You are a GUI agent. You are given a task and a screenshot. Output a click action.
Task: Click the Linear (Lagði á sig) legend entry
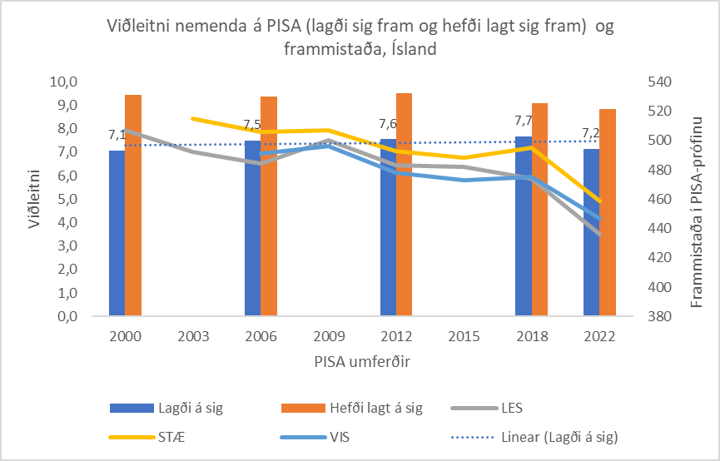[564, 435]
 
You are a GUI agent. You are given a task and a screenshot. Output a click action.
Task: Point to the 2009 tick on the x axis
[327, 336]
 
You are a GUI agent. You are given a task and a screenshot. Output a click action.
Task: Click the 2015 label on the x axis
[464, 336]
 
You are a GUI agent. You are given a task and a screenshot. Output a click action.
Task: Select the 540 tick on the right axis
[658, 82]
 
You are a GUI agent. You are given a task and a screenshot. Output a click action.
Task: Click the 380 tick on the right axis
[658, 316]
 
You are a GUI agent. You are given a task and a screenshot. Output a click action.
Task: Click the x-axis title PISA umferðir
[360, 361]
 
